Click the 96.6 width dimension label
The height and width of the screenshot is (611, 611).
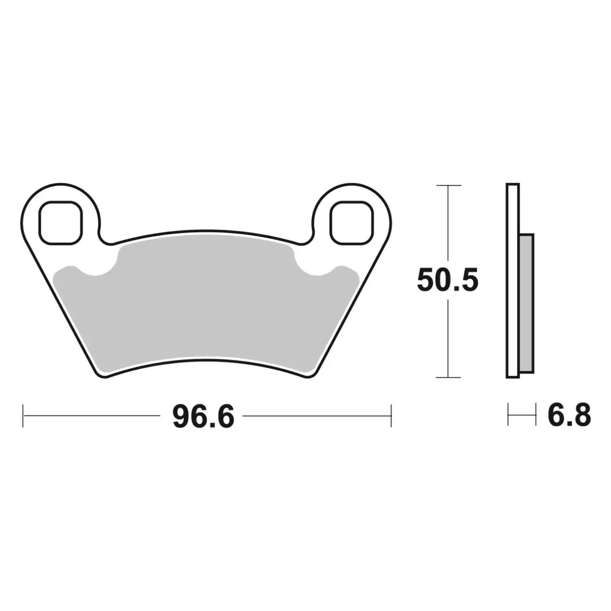(x=203, y=417)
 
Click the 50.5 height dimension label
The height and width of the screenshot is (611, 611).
(x=447, y=280)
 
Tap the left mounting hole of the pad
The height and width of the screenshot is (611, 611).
(x=60, y=223)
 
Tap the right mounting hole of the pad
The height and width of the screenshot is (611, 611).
(x=351, y=223)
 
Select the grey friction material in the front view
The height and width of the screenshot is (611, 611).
(x=206, y=305)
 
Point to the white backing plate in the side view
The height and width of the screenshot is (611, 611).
(x=513, y=280)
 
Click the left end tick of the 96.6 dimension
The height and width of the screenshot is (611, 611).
(x=23, y=416)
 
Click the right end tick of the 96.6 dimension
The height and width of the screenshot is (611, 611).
(x=391, y=416)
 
